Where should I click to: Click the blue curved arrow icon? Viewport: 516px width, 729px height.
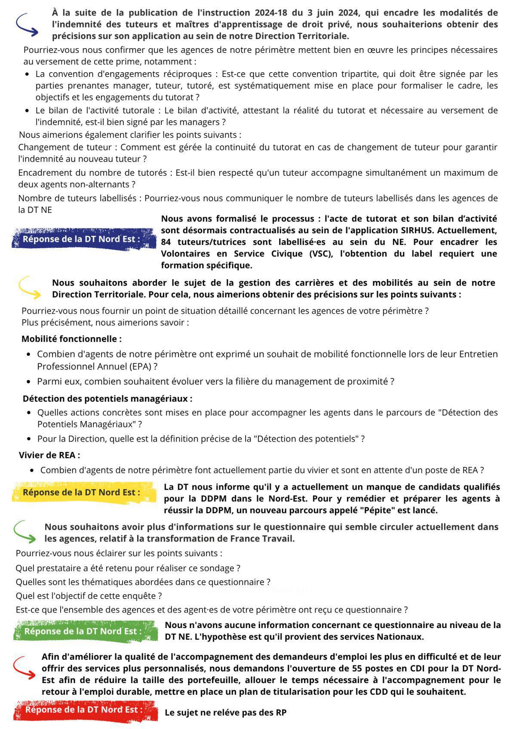tap(27, 24)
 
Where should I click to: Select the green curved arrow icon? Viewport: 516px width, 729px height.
tap(25, 532)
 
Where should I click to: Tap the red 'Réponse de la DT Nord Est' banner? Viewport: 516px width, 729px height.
tap(84, 710)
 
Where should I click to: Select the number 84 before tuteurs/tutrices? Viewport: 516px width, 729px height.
tap(167, 242)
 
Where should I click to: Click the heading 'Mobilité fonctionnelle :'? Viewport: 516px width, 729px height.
tap(71, 339)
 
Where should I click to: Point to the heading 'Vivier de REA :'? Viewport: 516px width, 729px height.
tap(49, 455)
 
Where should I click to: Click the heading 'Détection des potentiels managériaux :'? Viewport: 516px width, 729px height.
tap(107, 399)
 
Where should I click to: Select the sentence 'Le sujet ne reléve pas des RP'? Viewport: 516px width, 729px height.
tap(225, 713)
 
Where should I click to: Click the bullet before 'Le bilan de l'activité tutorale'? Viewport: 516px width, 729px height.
tap(28, 111)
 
